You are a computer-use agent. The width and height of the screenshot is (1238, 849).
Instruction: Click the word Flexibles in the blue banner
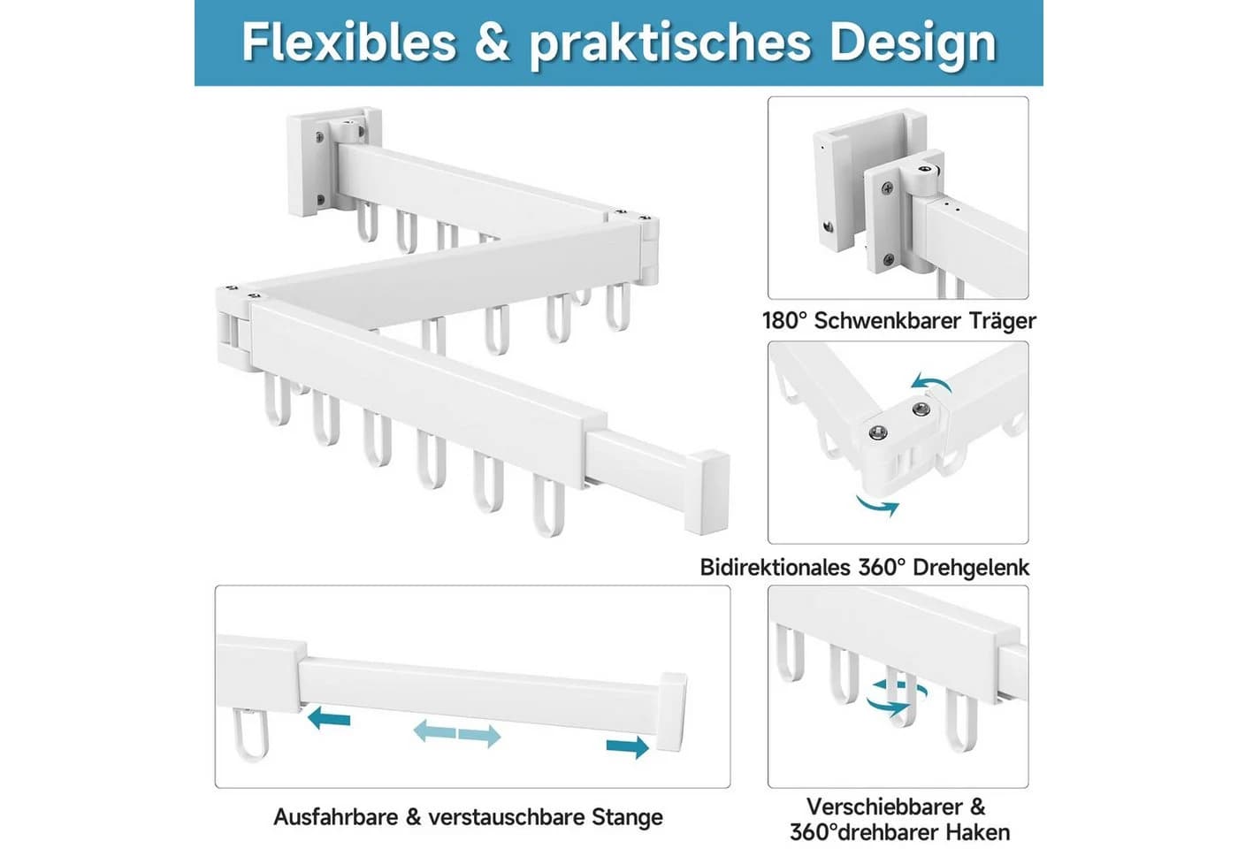[348, 42]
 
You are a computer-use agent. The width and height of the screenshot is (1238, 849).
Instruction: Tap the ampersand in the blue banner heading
[492, 43]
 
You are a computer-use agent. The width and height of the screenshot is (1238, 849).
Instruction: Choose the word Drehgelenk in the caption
[971, 568]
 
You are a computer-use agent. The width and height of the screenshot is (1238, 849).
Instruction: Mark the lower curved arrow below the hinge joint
[877, 504]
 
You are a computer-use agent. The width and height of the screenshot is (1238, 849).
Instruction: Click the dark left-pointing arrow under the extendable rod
[329, 718]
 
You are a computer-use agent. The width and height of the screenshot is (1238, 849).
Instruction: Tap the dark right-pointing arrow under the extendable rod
[627, 746]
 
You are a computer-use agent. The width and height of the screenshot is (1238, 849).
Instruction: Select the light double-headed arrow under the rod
[457, 733]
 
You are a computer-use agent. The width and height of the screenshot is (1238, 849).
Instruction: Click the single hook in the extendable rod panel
[248, 734]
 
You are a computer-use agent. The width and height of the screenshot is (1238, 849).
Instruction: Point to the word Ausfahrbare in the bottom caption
[336, 817]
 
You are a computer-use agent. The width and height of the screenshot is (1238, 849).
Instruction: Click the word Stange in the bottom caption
[627, 818]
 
